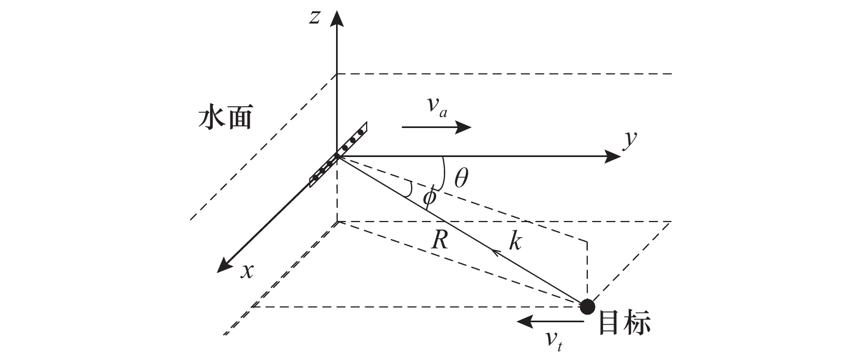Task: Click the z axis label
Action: (314, 18)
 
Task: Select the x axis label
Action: (247, 270)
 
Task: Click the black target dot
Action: (587, 306)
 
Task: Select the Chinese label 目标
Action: (624, 323)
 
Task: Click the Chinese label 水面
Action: (225, 118)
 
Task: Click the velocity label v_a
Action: (437, 108)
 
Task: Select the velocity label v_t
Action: (552, 340)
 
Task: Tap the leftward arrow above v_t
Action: (550, 321)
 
